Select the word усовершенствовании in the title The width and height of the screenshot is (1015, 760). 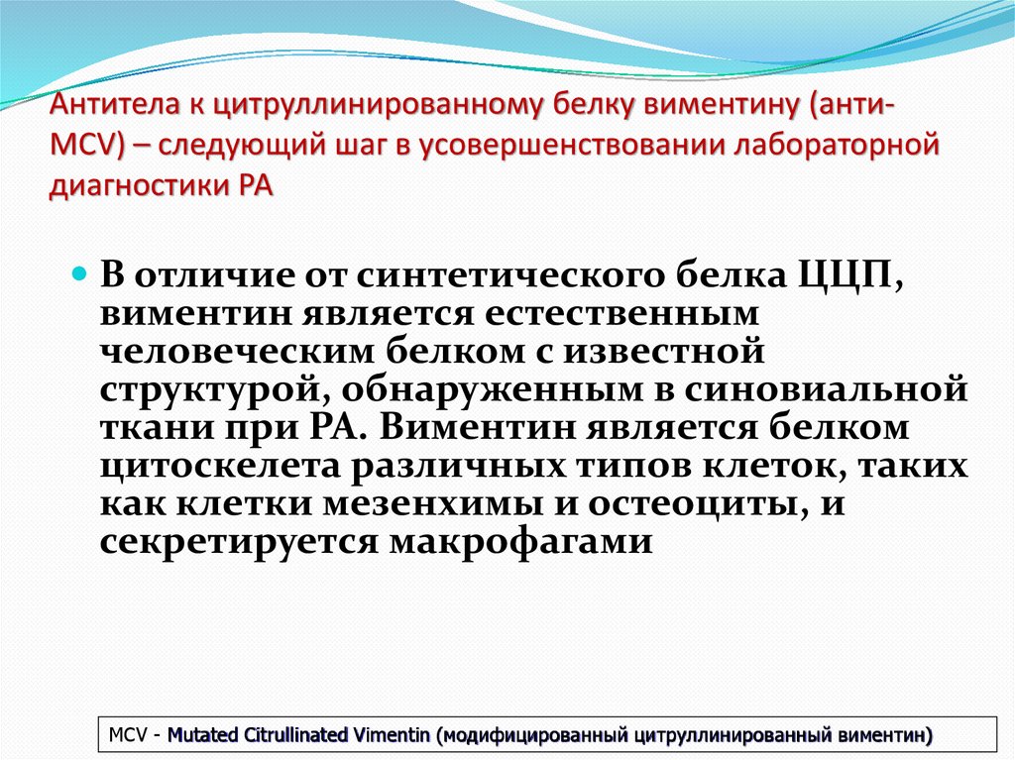547,146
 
